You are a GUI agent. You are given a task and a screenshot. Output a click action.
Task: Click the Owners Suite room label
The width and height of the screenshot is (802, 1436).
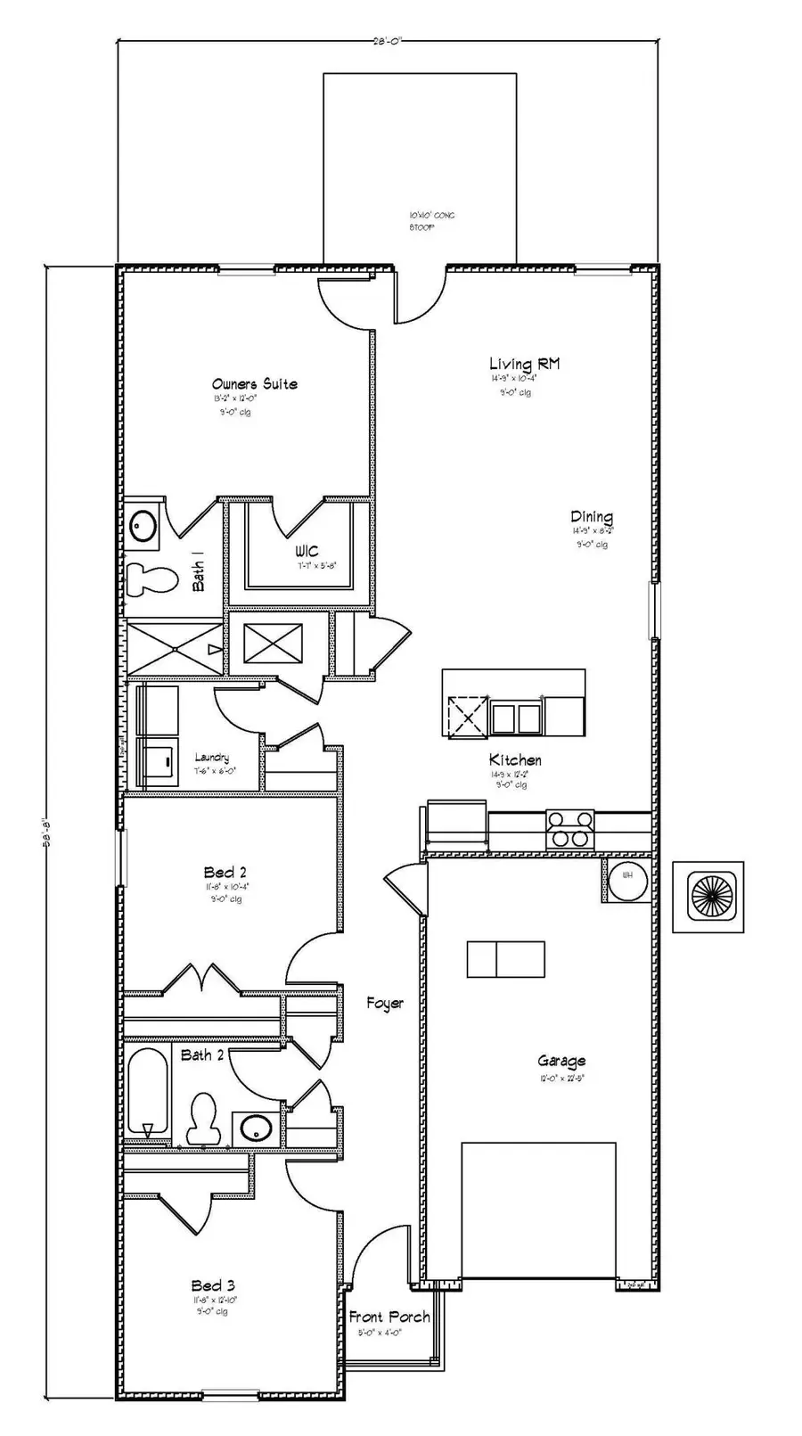254,384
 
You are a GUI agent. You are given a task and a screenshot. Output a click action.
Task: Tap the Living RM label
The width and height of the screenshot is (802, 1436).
524,364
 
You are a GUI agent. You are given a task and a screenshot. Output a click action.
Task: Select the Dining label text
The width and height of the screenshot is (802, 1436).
591,517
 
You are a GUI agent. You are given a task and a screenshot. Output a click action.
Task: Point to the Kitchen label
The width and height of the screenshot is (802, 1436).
515,760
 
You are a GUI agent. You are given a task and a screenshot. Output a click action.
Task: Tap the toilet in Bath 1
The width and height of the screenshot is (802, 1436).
151,579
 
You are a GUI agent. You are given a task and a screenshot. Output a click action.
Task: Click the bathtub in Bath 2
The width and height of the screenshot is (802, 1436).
147,1092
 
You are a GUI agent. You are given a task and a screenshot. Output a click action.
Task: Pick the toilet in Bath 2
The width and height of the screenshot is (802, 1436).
204,1118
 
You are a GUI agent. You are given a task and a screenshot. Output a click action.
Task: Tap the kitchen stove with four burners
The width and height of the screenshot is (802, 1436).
569,829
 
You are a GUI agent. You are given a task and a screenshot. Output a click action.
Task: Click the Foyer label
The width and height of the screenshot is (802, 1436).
385,1004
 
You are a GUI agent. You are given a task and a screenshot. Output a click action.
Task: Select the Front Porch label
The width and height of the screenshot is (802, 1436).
389,1317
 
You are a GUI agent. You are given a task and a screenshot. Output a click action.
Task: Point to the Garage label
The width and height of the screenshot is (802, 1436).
561,1061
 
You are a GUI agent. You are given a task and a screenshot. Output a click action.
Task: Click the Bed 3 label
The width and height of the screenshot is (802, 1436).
213,1285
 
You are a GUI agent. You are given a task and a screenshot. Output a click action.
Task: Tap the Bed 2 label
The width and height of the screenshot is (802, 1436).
225,873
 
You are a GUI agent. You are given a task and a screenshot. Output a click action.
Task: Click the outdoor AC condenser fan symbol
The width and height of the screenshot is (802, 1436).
708,897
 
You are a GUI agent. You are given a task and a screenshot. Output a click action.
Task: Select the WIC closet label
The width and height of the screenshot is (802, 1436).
306,552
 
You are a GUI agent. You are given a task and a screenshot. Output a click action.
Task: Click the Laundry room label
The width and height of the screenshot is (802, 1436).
211,758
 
